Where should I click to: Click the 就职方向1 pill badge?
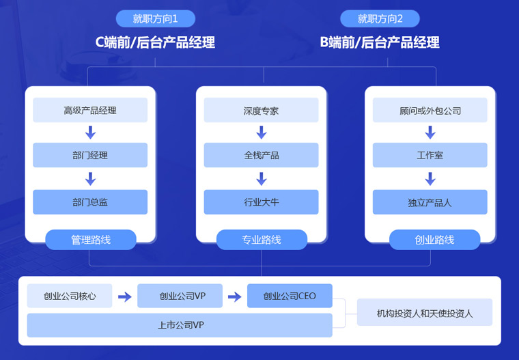click(155, 19)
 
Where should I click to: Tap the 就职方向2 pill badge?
click(380, 19)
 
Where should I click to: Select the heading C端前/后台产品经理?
click(155, 42)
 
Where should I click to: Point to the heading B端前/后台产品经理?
click(380, 42)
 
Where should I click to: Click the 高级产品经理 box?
click(90, 110)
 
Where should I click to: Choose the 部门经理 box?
click(90, 155)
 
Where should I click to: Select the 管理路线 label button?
click(91, 240)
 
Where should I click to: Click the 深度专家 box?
click(261, 110)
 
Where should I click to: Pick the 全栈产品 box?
click(261, 155)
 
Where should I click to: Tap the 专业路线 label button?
click(262, 240)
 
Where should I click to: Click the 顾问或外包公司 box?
click(430, 110)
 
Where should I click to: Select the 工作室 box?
click(430, 155)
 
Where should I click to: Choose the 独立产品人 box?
click(430, 202)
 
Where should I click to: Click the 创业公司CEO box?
click(290, 296)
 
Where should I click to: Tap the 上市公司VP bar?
click(180, 325)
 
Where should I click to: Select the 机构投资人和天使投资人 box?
click(424, 312)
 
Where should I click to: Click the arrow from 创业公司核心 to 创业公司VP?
click(124, 296)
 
